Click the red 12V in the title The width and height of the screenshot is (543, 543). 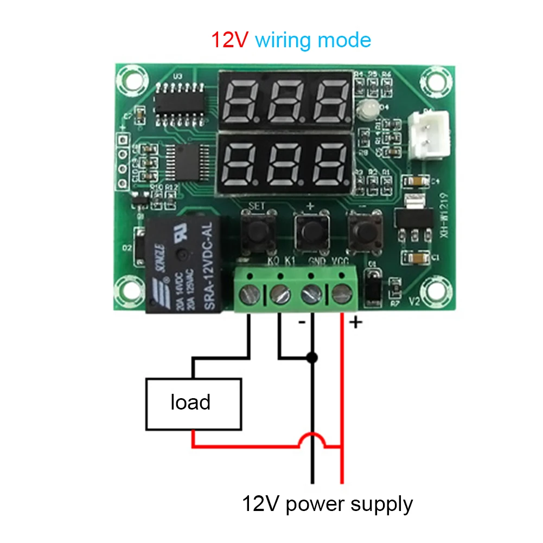click(231, 41)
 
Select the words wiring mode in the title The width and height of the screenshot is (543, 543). click(313, 41)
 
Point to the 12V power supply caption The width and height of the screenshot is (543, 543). click(327, 504)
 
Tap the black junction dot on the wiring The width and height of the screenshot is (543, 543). click(312, 357)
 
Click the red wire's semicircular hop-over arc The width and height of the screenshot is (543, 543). click(312, 439)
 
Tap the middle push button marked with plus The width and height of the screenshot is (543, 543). click(310, 231)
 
